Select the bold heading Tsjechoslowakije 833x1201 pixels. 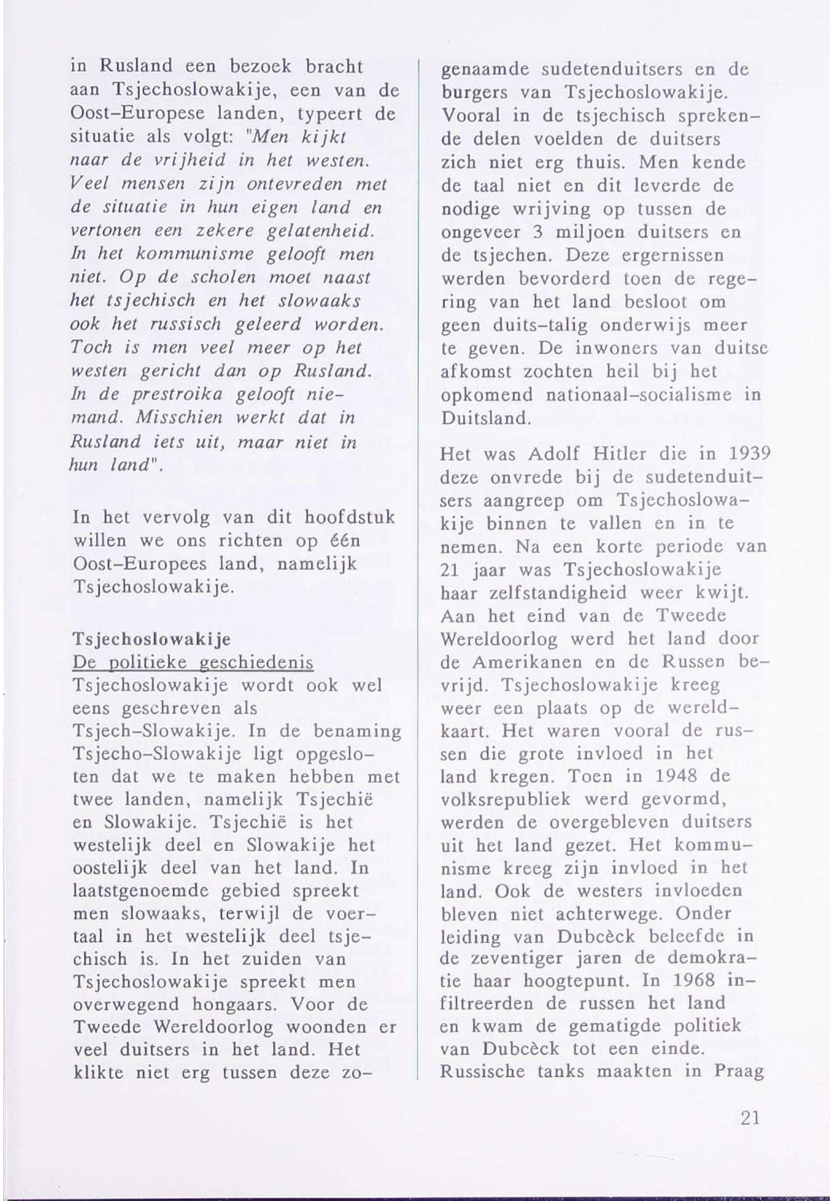click(x=152, y=639)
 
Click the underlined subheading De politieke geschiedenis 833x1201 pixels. click(x=194, y=662)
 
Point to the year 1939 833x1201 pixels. click(x=749, y=454)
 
